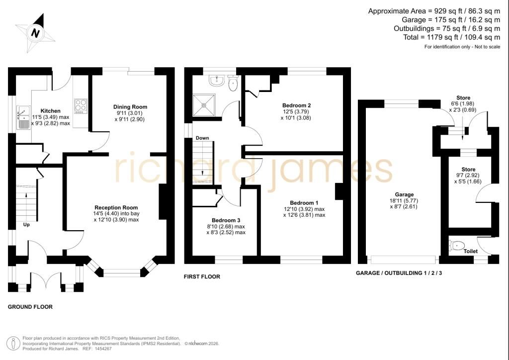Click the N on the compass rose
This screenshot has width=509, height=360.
click(x=35, y=33)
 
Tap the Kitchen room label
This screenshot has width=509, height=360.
click(x=50, y=111)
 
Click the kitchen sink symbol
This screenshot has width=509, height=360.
click(x=24, y=117)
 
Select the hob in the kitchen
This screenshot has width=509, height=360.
click(x=81, y=106)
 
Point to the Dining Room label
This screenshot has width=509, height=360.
click(x=130, y=107)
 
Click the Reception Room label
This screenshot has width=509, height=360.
click(x=116, y=207)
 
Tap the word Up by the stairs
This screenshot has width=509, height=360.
click(x=26, y=225)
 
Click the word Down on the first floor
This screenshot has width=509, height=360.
click(x=202, y=138)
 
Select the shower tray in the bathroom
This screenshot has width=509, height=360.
click(x=204, y=105)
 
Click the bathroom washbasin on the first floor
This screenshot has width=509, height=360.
click(x=216, y=81)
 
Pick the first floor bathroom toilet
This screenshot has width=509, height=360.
click(x=233, y=83)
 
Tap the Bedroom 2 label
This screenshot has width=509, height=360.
click(x=296, y=105)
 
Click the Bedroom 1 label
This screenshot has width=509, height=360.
click(x=304, y=203)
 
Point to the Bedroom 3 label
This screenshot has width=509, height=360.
click(x=226, y=220)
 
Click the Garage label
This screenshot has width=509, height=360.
click(x=404, y=194)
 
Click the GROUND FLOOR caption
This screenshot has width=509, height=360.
click(x=30, y=307)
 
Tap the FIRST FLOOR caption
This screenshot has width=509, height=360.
click(x=202, y=276)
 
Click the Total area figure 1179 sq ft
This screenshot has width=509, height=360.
click(x=437, y=37)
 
